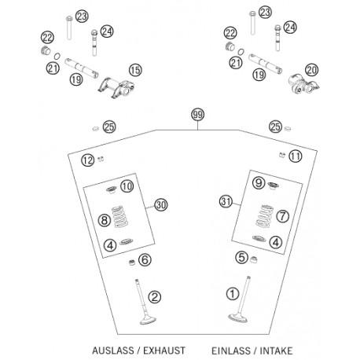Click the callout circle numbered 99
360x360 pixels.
click(197, 115)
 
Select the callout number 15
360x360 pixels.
click(135, 70)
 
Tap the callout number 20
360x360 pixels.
click(312, 70)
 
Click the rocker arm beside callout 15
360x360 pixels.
click(117, 87)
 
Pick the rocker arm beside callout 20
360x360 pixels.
click(304, 84)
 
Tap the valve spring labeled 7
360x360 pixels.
click(264, 216)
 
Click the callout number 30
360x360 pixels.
click(161, 204)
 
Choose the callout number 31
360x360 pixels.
click(226, 202)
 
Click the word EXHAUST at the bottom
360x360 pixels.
click(164, 351)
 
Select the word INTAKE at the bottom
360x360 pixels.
click(276, 351)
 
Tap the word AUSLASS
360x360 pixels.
click(112, 351)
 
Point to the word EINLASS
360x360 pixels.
click(231, 351)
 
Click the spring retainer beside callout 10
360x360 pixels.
click(112, 189)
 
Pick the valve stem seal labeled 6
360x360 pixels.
click(132, 262)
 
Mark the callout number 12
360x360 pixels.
click(87, 160)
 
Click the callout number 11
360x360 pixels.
click(296, 156)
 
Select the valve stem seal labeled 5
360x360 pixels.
click(253, 259)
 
